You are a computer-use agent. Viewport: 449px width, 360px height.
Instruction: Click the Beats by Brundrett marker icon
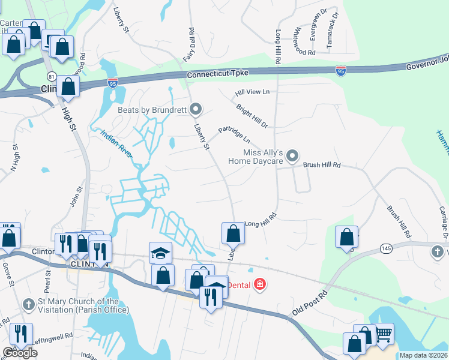click(x=195, y=109)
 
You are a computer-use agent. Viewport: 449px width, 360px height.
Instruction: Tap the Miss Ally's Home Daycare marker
click(x=292, y=157)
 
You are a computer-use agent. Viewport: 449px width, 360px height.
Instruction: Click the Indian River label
click(x=116, y=145)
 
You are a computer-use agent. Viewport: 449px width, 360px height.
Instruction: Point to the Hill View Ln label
click(x=253, y=92)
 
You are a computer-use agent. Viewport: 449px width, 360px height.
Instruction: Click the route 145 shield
click(x=385, y=248)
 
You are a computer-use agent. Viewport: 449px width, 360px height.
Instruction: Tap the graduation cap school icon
click(x=161, y=253)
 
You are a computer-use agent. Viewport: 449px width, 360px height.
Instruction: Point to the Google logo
click(x=20, y=353)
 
